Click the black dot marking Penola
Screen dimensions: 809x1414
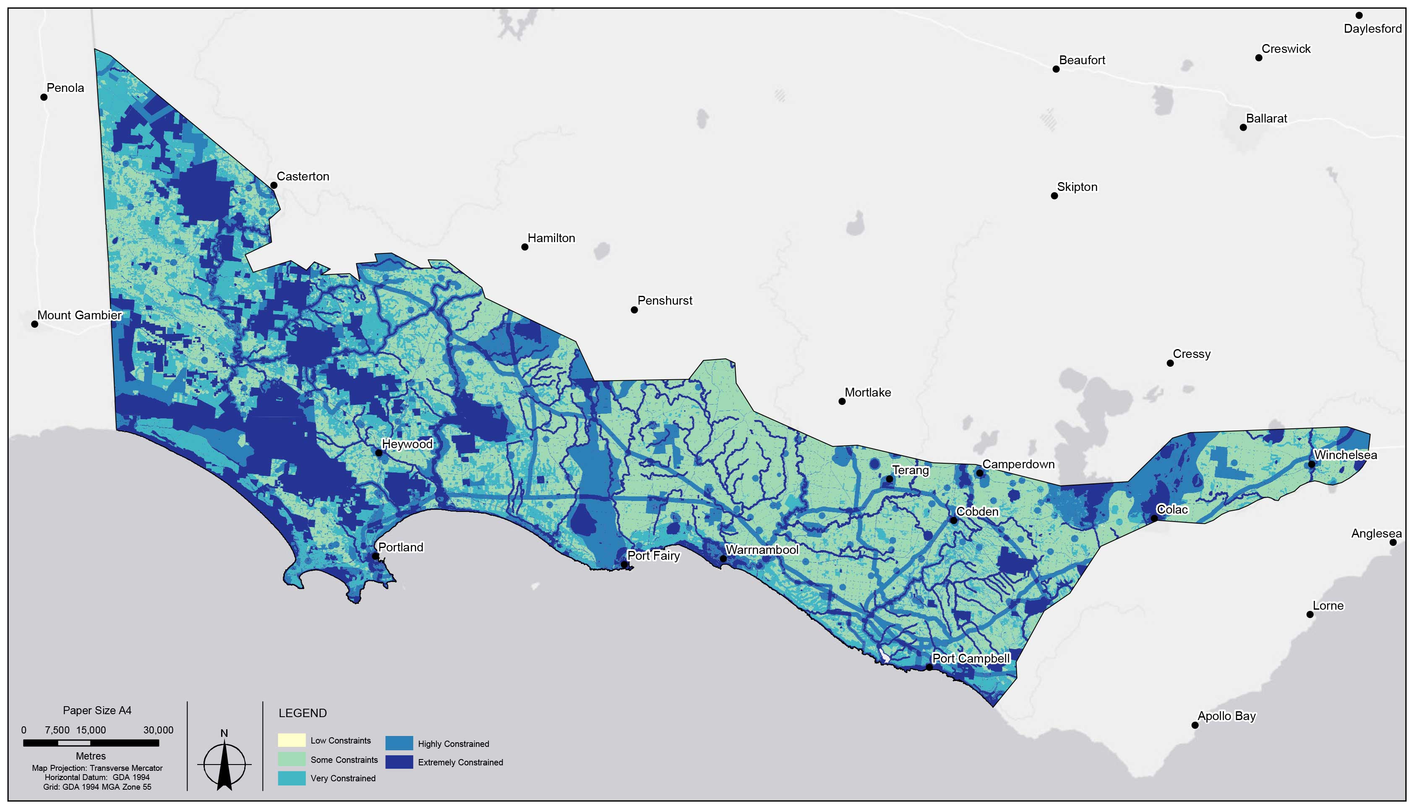(x=44, y=97)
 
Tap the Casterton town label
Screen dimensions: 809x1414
(x=303, y=176)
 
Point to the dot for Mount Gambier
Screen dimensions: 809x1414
(x=34, y=324)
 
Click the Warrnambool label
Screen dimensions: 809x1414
(x=762, y=550)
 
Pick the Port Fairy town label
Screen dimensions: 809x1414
(x=653, y=555)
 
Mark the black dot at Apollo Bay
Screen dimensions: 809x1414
(x=1195, y=725)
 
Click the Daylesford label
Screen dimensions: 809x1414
(x=1372, y=29)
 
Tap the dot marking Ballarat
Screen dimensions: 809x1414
(x=1243, y=127)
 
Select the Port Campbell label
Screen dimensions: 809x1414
(x=970, y=658)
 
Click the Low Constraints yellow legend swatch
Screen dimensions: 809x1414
(x=292, y=740)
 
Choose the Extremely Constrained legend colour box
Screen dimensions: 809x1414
(x=399, y=762)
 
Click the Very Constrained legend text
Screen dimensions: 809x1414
(x=343, y=778)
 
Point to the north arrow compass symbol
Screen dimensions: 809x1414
(x=224, y=764)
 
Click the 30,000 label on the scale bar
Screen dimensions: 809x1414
(x=158, y=730)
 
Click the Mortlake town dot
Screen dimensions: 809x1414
(x=842, y=401)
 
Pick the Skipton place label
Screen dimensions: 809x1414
(x=1077, y=187)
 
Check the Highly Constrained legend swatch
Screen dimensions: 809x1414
(x=399, y=743)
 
